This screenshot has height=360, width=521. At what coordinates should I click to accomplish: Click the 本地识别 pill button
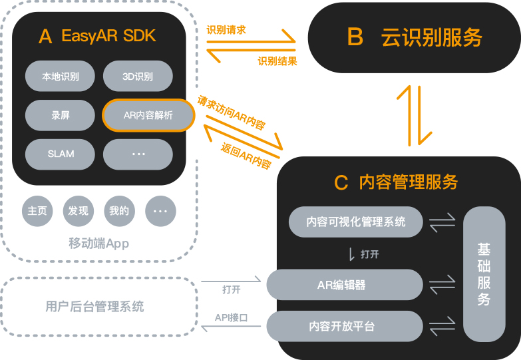point(61,77)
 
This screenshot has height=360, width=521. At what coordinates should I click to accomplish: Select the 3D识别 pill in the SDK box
point(138,77)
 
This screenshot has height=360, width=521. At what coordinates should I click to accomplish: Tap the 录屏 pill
point(61,115)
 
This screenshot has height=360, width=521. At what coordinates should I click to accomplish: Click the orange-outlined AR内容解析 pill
point(148,116)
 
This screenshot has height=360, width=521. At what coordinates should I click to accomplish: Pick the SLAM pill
point(61,154)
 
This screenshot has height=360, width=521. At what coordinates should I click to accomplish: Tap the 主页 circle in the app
point(37,211)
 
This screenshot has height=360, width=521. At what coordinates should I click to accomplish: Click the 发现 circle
point(78,211)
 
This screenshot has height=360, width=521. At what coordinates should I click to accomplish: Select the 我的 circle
point(119,211)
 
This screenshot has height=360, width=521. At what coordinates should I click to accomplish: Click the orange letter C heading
point(341,182)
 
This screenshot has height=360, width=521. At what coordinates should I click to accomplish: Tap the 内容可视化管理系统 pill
point(356,222)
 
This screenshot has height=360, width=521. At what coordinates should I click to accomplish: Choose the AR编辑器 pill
point(345,285)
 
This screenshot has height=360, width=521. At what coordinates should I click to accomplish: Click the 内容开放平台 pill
point(345,326)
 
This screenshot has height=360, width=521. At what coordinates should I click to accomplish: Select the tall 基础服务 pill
point(484,274)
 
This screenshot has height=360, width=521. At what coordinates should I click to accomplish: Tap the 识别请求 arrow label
point(226,30)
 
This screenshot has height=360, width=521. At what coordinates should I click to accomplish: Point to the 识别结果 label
point(277,61)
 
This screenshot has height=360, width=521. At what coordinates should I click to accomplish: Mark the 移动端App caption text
point(98,244)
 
